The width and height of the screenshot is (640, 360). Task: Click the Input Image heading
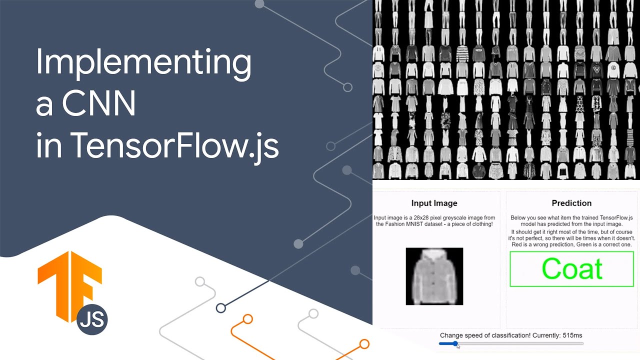434,203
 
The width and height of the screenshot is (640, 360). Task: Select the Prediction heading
571,203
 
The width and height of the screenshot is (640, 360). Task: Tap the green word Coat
572,269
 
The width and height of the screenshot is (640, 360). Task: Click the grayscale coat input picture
434,276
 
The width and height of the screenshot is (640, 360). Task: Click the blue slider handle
455,343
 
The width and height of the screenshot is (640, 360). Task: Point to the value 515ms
571,335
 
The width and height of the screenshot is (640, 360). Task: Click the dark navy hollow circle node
220,308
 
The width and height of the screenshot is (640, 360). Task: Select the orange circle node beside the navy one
247,318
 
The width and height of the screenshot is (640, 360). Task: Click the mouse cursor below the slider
458,346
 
